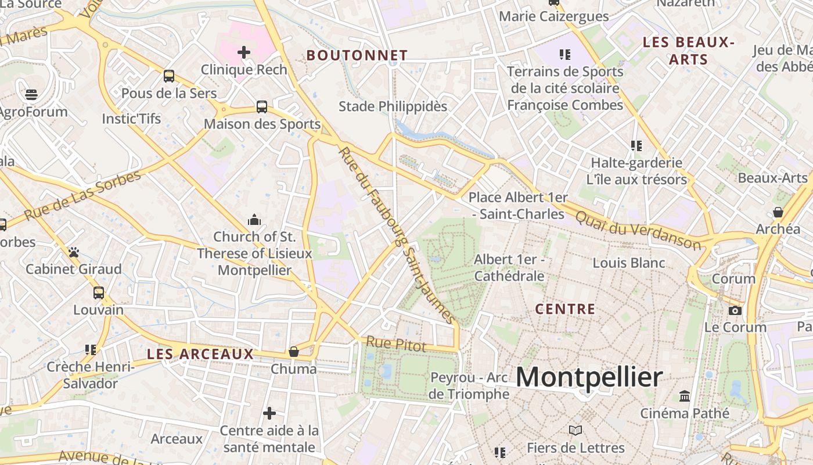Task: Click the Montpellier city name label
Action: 589,378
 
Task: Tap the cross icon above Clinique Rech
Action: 244,52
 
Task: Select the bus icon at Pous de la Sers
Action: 169,76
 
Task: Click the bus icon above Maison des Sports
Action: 262,107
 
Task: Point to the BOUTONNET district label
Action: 357,55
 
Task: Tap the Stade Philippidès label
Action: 393,106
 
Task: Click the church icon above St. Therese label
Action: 254,220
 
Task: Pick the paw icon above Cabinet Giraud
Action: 74,252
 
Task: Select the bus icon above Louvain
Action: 99,293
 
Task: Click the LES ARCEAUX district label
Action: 200,354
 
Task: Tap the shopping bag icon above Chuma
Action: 294,352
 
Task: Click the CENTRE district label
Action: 565,309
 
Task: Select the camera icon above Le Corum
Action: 735,310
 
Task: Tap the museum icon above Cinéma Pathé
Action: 685,396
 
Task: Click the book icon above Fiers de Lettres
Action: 575,431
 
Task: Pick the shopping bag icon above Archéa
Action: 778,212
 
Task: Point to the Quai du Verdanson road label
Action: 638,229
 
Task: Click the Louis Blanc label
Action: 629,263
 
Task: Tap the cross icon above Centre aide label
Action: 269,413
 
